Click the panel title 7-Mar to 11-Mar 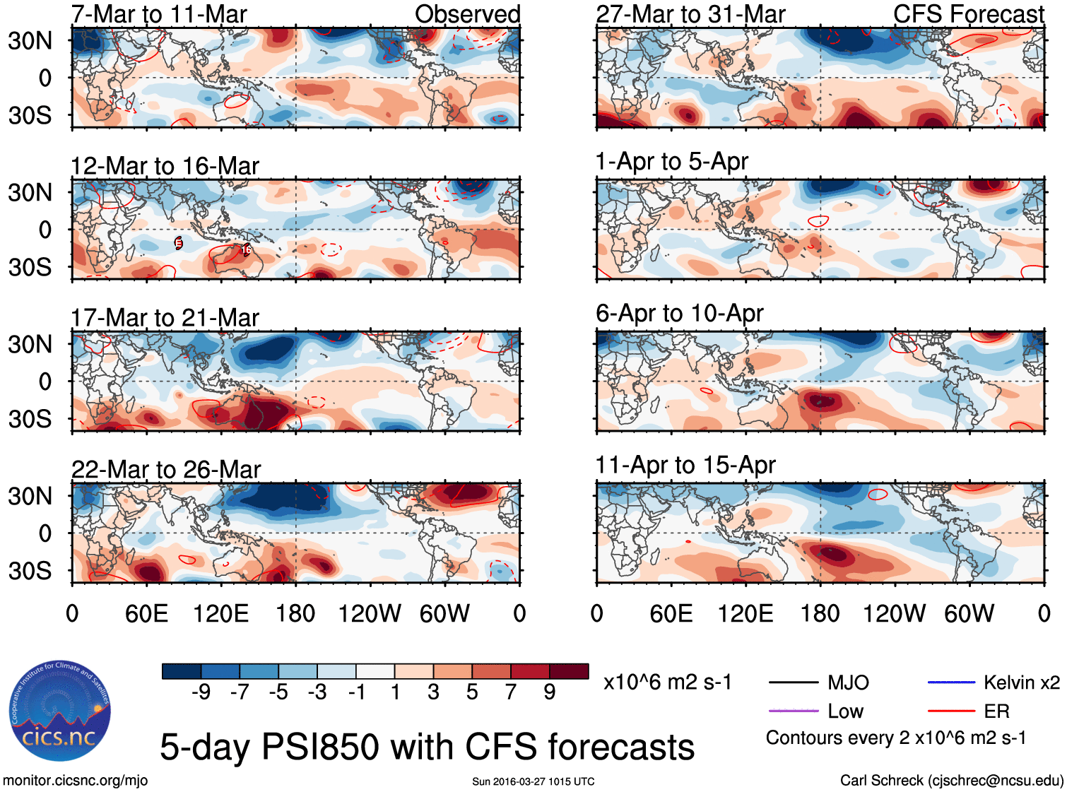click(159, 14)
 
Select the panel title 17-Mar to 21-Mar click(165, 318)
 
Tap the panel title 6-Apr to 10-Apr click(679, 313)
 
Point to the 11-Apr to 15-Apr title click(685, 465)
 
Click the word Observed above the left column click(467, 14)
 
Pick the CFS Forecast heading click(968, 14)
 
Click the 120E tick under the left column click(220, 613)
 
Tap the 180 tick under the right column click(820, 613)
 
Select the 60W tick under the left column click(444, 613)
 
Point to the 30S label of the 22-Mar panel click(30, 571)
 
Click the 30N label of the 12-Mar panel click(30, 192)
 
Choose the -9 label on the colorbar click(201, 692)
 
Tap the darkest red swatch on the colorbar click(569, 671)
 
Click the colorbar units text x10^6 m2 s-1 click(667, 682)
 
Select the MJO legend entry click(848, 682)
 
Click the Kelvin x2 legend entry click(1021, 682)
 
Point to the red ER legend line click(951, 711)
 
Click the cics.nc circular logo click(59, 711)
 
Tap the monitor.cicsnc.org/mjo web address click(75, 781)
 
